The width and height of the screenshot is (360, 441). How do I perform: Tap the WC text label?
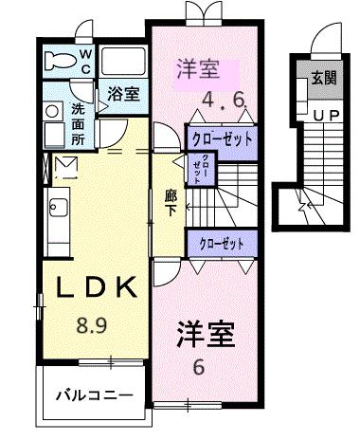tap(85, 62)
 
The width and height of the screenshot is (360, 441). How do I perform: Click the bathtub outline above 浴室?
tap(122, 64)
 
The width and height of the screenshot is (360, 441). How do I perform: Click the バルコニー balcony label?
tap(91, 393)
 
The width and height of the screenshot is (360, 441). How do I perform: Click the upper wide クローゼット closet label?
tap(223, 138)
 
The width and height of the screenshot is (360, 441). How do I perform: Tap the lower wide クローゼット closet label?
tap(221, 243)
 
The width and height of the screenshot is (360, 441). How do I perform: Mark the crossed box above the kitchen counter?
tap(66, 168)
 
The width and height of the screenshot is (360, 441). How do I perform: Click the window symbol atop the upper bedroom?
tap(201, 14)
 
